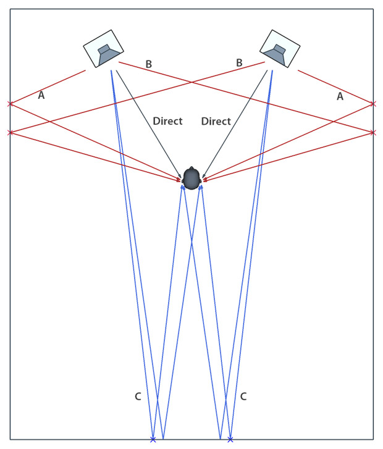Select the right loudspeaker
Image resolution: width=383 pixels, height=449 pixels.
coord(280,49)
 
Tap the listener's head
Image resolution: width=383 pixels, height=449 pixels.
coord(192,179)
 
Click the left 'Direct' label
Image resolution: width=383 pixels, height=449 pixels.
coord(167,121)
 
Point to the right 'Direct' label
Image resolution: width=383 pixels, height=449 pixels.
coord(216,121)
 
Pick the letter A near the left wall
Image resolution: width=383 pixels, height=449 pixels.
coord(41,95)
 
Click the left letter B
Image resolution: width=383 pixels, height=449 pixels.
coord(148,64)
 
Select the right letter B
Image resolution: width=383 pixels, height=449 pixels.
coord(239,62)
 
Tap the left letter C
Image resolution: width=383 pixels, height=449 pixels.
coord(138,396)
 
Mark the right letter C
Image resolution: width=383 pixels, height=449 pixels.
coord(243,396)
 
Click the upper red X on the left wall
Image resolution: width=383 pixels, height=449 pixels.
coord(9,104)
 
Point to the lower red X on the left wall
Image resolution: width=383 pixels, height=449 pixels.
coord(9,132)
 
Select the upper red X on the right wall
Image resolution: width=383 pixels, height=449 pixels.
coord(373,103)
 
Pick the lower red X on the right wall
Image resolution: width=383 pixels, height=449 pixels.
coord(373,132)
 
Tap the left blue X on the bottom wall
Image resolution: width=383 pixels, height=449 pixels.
coord(153,439)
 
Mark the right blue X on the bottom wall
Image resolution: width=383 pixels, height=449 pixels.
coord(230,439)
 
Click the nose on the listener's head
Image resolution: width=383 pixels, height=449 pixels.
coord(192,169)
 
